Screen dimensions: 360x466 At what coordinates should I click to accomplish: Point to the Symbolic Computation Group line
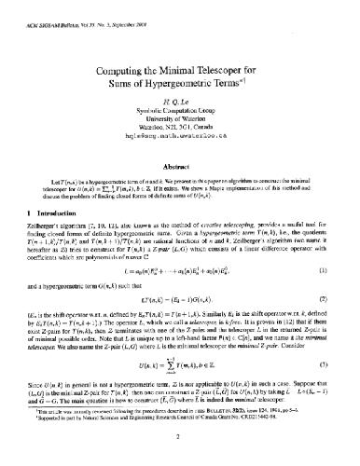coord(180,114)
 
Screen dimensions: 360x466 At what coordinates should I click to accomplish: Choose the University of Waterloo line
coord(180,122)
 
